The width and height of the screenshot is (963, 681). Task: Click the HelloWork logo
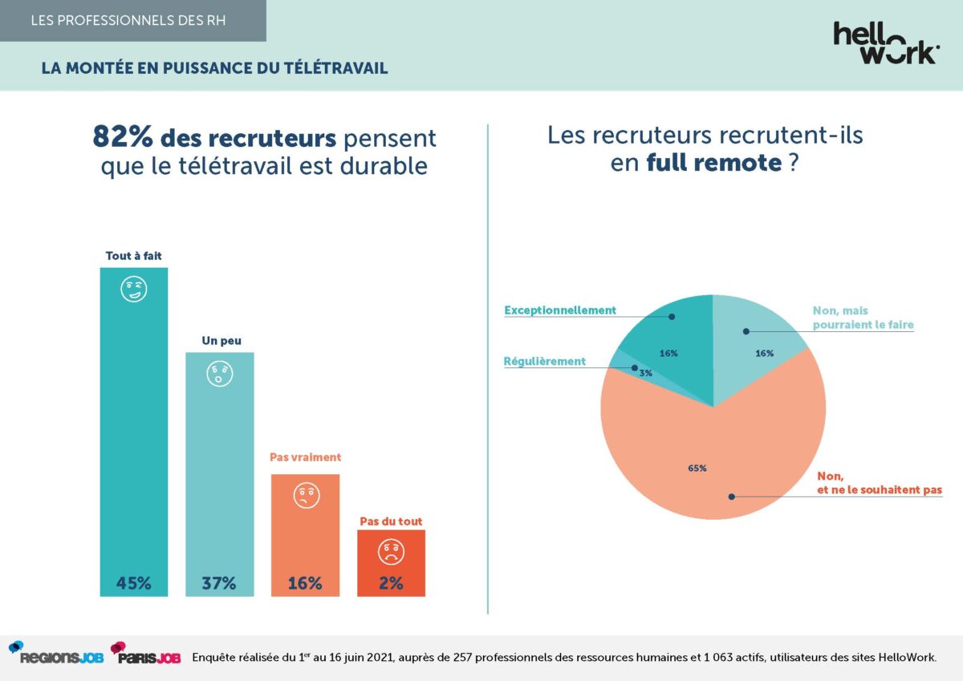point(886,43)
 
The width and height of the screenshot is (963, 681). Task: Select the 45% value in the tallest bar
point(133,583)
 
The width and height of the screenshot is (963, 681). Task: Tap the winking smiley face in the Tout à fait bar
point(134,290)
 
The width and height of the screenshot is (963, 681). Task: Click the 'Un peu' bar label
point(219,341)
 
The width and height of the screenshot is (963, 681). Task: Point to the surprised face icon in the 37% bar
point(219,374)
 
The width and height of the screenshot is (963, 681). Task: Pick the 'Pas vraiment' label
point(305,457)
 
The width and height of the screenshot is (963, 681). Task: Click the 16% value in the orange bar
point(305,583)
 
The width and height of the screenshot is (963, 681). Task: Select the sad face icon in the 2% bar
point(391,551)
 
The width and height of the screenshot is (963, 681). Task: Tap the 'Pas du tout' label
point(391,521)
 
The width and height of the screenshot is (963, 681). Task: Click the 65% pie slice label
point(697,468)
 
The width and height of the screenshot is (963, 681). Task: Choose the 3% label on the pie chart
point(645,373)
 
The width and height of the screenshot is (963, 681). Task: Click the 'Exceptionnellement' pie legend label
point(559,310)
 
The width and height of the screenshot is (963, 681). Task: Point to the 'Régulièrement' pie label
point(544,362)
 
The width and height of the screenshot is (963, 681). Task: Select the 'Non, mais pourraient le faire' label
point(863,318)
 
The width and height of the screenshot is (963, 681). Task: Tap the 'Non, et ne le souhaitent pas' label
point(879,481)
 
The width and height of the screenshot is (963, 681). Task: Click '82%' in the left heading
point(123,138)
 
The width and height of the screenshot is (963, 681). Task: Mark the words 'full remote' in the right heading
point(714,163)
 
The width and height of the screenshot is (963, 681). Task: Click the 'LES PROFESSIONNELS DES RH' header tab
point(128,20)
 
